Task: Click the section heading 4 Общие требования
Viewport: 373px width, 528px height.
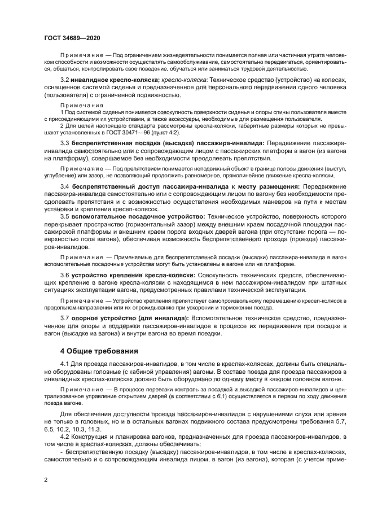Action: coord(99,351)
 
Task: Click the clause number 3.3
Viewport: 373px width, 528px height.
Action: coord(65,144)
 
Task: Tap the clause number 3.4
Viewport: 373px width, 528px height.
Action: coord(65,186)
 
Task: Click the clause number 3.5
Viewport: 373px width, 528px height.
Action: coord(65,216)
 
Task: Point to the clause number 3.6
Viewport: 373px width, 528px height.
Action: coord(65,273)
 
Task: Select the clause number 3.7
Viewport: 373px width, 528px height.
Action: coord(65,318)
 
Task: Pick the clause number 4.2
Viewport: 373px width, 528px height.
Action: coord(65,437)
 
